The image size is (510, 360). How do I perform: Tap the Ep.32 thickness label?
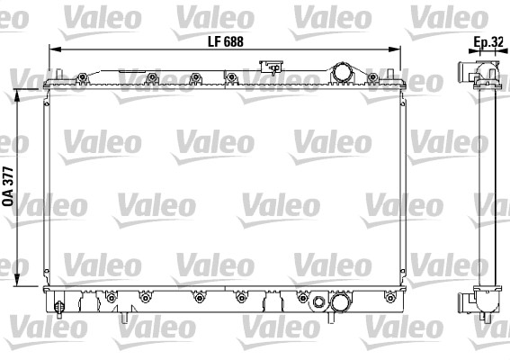[487, 41]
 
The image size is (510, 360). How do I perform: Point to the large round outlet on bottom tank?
[340, 306]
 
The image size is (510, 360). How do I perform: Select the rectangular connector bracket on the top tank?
[269, 67]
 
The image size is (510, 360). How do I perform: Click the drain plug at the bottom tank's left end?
[58, 309]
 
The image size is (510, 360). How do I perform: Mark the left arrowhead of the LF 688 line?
[52, 53]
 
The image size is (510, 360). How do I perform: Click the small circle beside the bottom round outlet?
[318, 299]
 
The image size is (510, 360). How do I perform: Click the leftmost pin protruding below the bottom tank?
[122, 317]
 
